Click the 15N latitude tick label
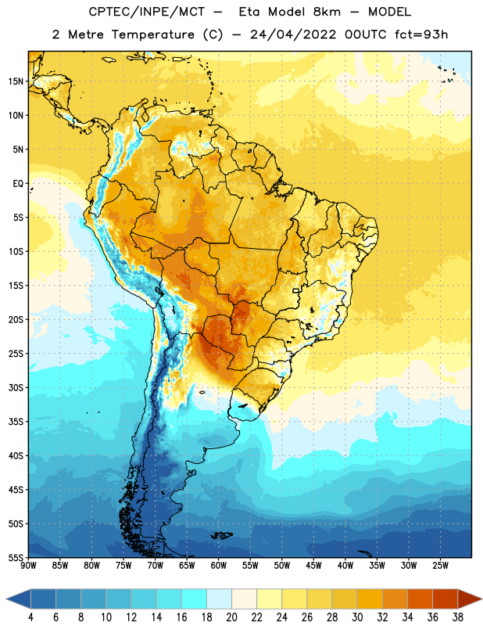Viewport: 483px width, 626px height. click(16, 81)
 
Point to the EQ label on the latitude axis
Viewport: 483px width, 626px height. click(18, 184)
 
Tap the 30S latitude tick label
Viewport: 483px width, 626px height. click(16, 387)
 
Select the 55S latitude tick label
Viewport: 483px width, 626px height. click(16, 558)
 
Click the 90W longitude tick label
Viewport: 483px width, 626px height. click(28, 566)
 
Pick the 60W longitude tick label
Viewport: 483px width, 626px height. click(219, 566)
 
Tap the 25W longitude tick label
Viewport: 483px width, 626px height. click(440, 566)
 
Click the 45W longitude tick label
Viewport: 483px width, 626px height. click(314, 566)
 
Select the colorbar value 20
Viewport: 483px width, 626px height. click(231, 617)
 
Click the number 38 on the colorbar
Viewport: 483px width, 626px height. click(457, 617)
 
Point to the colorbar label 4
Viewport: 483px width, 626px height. click(30, 617)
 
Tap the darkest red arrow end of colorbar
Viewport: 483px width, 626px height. click(470, 599)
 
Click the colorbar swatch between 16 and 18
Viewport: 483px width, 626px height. click(194, 599)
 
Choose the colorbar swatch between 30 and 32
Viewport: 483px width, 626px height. click(370, 599)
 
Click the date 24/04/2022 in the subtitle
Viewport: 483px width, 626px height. click(293, 34)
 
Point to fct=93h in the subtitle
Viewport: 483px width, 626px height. click(421, 34)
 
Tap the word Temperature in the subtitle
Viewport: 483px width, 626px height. click(153, 34)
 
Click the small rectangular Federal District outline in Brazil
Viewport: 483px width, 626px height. click(296, 290)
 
